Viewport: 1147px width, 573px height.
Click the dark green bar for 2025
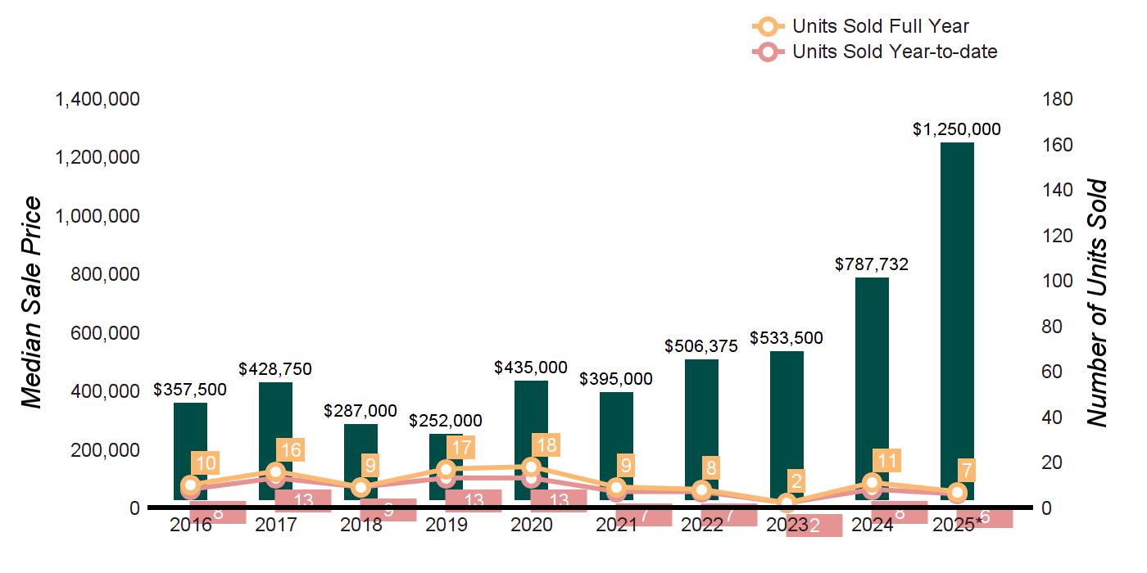click(x=957, y=319)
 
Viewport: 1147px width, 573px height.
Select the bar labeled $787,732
click(x=872, y=385)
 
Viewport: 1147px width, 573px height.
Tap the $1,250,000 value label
click(x=957, y=129)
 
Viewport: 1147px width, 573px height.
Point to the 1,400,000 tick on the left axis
click(x=97, y=99)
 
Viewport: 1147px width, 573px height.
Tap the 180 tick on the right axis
click(x=1057, y=99)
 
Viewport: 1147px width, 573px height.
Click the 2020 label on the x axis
click(x=531, y=525)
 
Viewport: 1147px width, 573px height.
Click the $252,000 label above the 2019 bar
click(x=446, y=420)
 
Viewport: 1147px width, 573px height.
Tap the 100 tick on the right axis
click(x=1057, y=281)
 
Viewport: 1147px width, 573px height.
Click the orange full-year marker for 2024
click(x=872, y=483)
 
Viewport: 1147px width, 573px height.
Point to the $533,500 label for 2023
click(x=787, y=338)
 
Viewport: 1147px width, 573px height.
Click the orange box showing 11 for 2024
click(x=887, y=460)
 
